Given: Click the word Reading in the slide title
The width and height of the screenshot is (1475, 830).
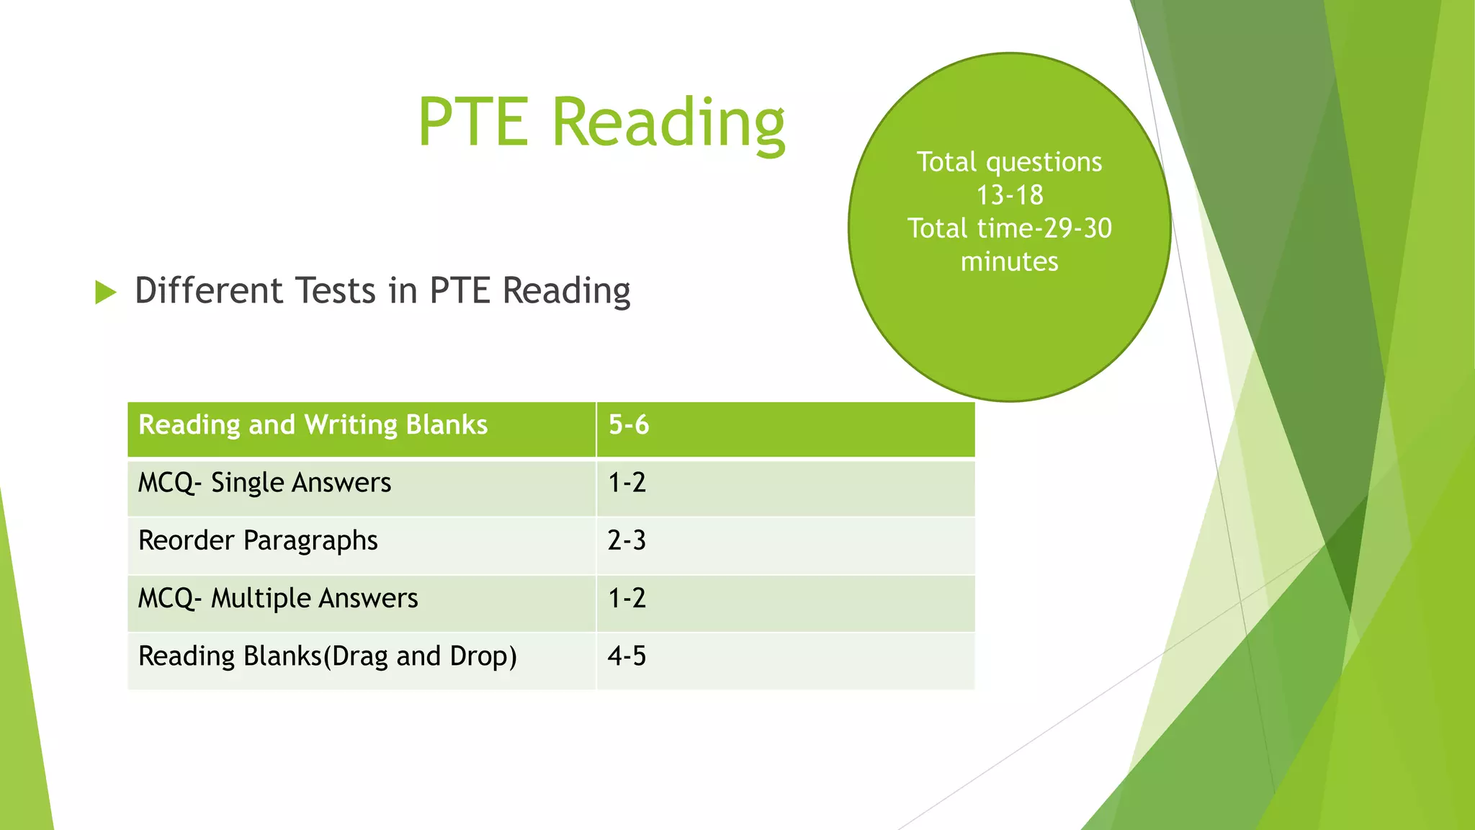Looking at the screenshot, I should coord(668,124).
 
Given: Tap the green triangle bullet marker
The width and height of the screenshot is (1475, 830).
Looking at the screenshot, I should coord(106,292).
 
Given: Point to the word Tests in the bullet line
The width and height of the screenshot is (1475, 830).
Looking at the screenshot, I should coord(336,290).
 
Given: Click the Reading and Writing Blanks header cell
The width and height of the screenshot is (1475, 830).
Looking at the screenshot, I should coord(313,425).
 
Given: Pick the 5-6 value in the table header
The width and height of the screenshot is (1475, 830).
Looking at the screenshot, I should coord(629,425).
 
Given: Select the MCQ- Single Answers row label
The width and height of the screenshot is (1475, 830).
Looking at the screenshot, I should coord(264,483).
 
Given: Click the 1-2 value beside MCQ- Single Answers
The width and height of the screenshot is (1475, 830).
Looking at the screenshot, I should coord(627,483).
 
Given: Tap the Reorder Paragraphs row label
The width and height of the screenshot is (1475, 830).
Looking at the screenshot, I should coord(258,540).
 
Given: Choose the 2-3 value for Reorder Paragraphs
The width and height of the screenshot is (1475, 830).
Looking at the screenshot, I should coord(627,540).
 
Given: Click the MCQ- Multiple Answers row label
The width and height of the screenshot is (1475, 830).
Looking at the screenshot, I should coord(278,599).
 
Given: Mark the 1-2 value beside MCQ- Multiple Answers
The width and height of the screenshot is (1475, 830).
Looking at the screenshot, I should coord(627,599).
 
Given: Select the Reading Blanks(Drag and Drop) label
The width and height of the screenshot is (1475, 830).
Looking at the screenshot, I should coord(328,656).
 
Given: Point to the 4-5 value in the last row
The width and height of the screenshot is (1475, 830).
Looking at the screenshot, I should coord(627,656).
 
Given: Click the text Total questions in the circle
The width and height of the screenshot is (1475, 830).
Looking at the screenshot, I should coord(1009,162).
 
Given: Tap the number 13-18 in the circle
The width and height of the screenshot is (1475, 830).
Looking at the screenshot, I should coord(1009,195).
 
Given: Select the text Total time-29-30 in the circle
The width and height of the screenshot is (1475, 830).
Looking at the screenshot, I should coord(1009,228).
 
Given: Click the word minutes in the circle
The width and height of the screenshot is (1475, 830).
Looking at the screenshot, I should coord(1009,262).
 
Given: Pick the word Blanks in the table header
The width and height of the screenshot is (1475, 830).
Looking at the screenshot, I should coord(447,425).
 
